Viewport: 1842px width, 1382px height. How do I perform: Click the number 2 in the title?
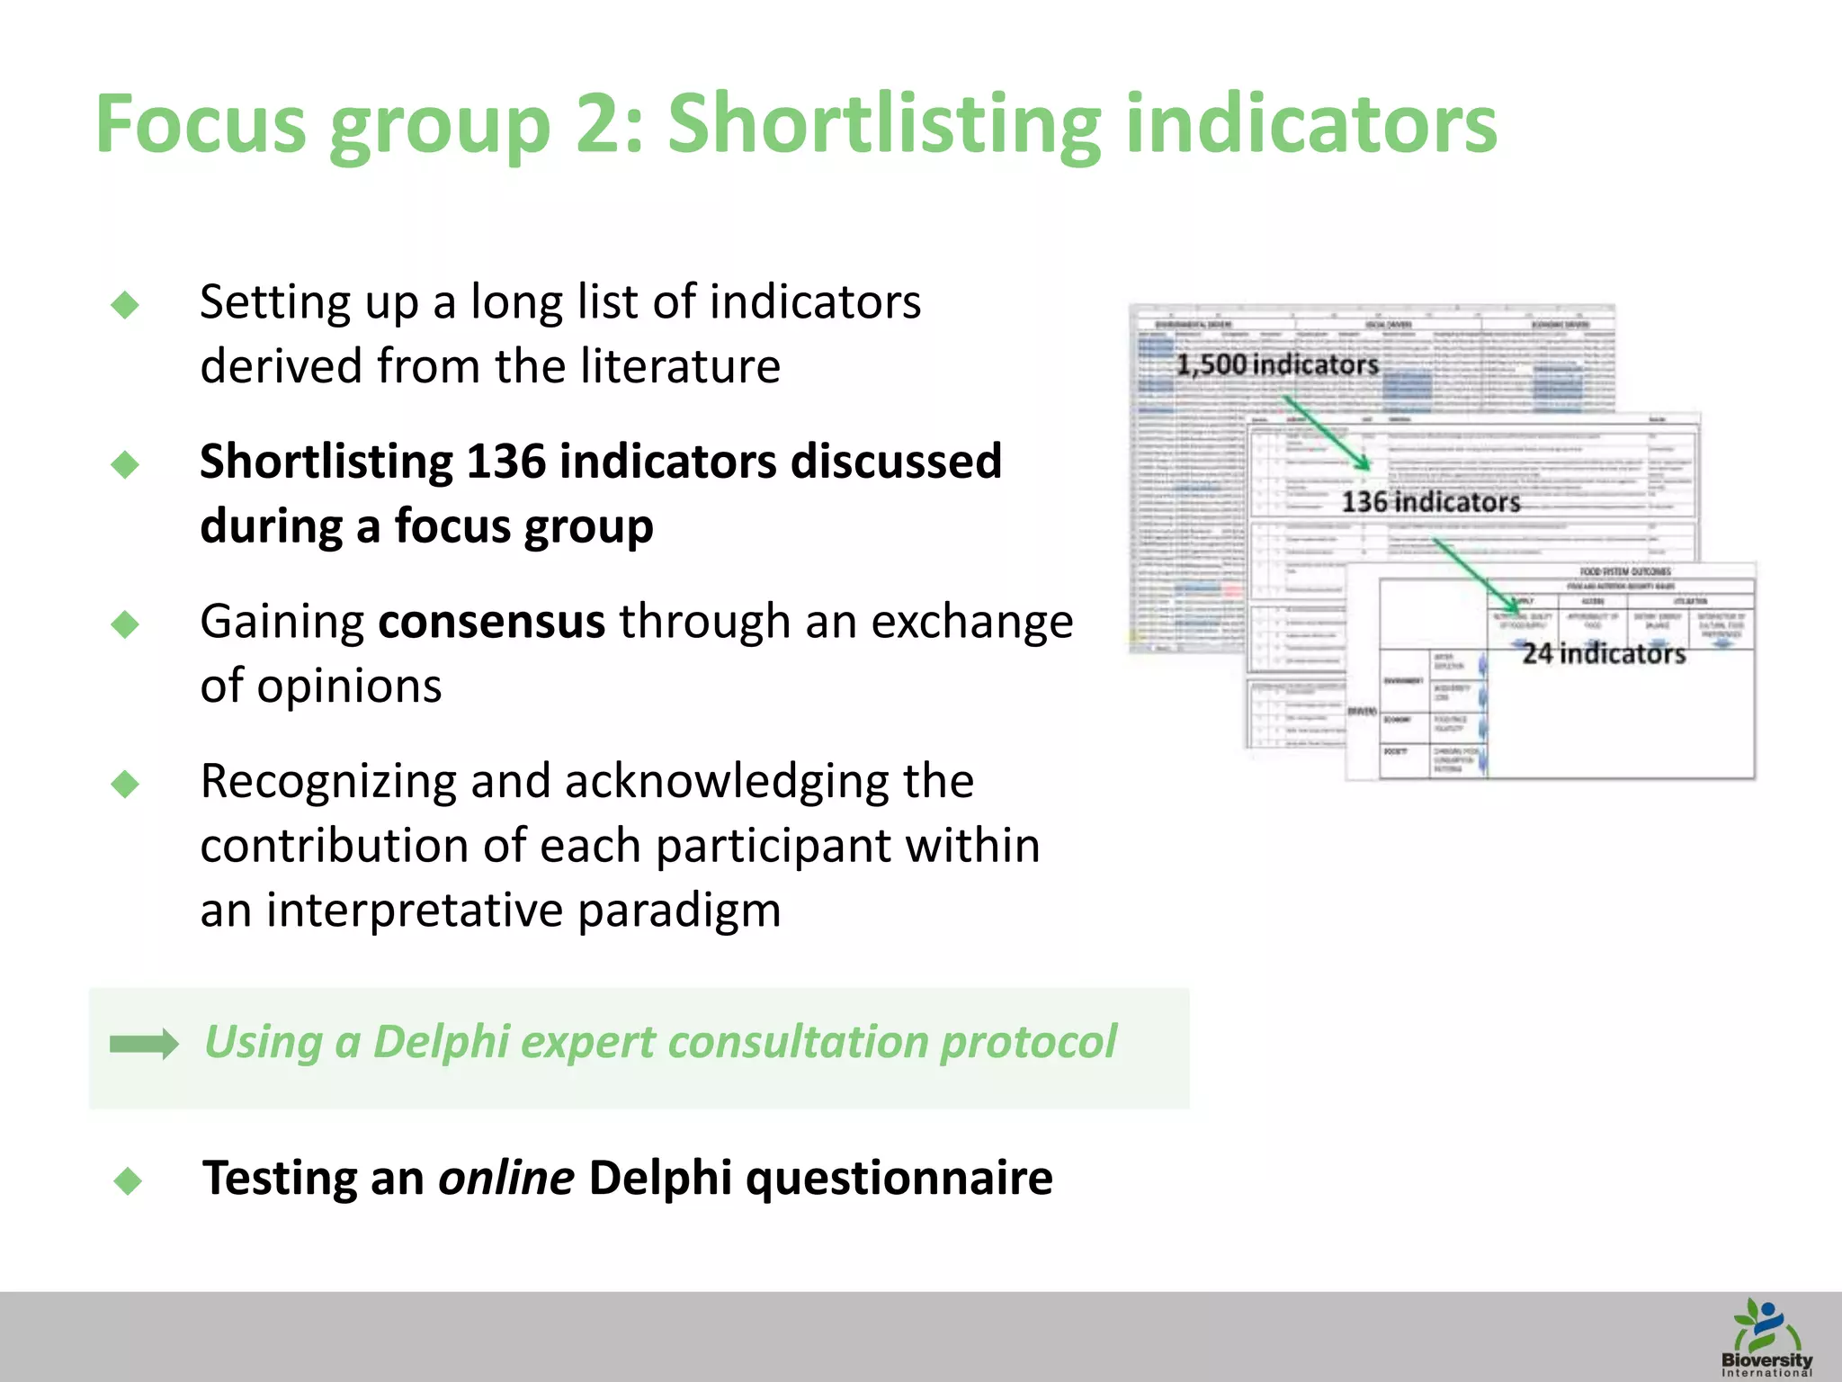[600, 125]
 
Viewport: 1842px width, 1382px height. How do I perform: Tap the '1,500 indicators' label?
[1277, 364]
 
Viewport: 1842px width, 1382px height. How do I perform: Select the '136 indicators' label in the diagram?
[1430, 502]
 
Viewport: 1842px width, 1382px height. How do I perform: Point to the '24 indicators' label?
[1604, 653]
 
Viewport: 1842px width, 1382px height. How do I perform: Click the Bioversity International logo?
[1766, 1337]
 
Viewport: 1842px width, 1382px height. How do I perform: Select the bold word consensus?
[492, 622]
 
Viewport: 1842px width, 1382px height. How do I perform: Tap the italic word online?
[505, 1178]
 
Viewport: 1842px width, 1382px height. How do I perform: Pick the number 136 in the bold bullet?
[505, 462]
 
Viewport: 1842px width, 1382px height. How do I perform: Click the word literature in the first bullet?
[681, 366]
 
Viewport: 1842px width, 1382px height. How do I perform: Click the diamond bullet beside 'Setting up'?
[125, 305]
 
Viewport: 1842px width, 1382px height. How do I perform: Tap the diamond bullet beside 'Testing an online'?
[129, 1180]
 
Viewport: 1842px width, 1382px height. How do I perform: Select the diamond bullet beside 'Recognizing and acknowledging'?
[125, 784]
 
